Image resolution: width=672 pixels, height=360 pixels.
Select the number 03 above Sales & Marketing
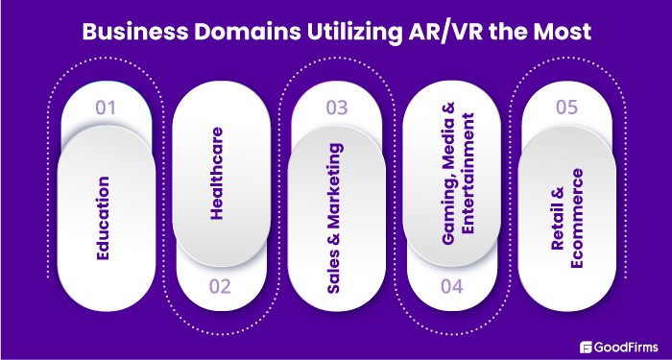tap(336, 107)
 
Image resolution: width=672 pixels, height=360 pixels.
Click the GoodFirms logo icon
tap(588, 346)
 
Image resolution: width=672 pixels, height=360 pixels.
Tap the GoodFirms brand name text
tap(628, 346)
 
